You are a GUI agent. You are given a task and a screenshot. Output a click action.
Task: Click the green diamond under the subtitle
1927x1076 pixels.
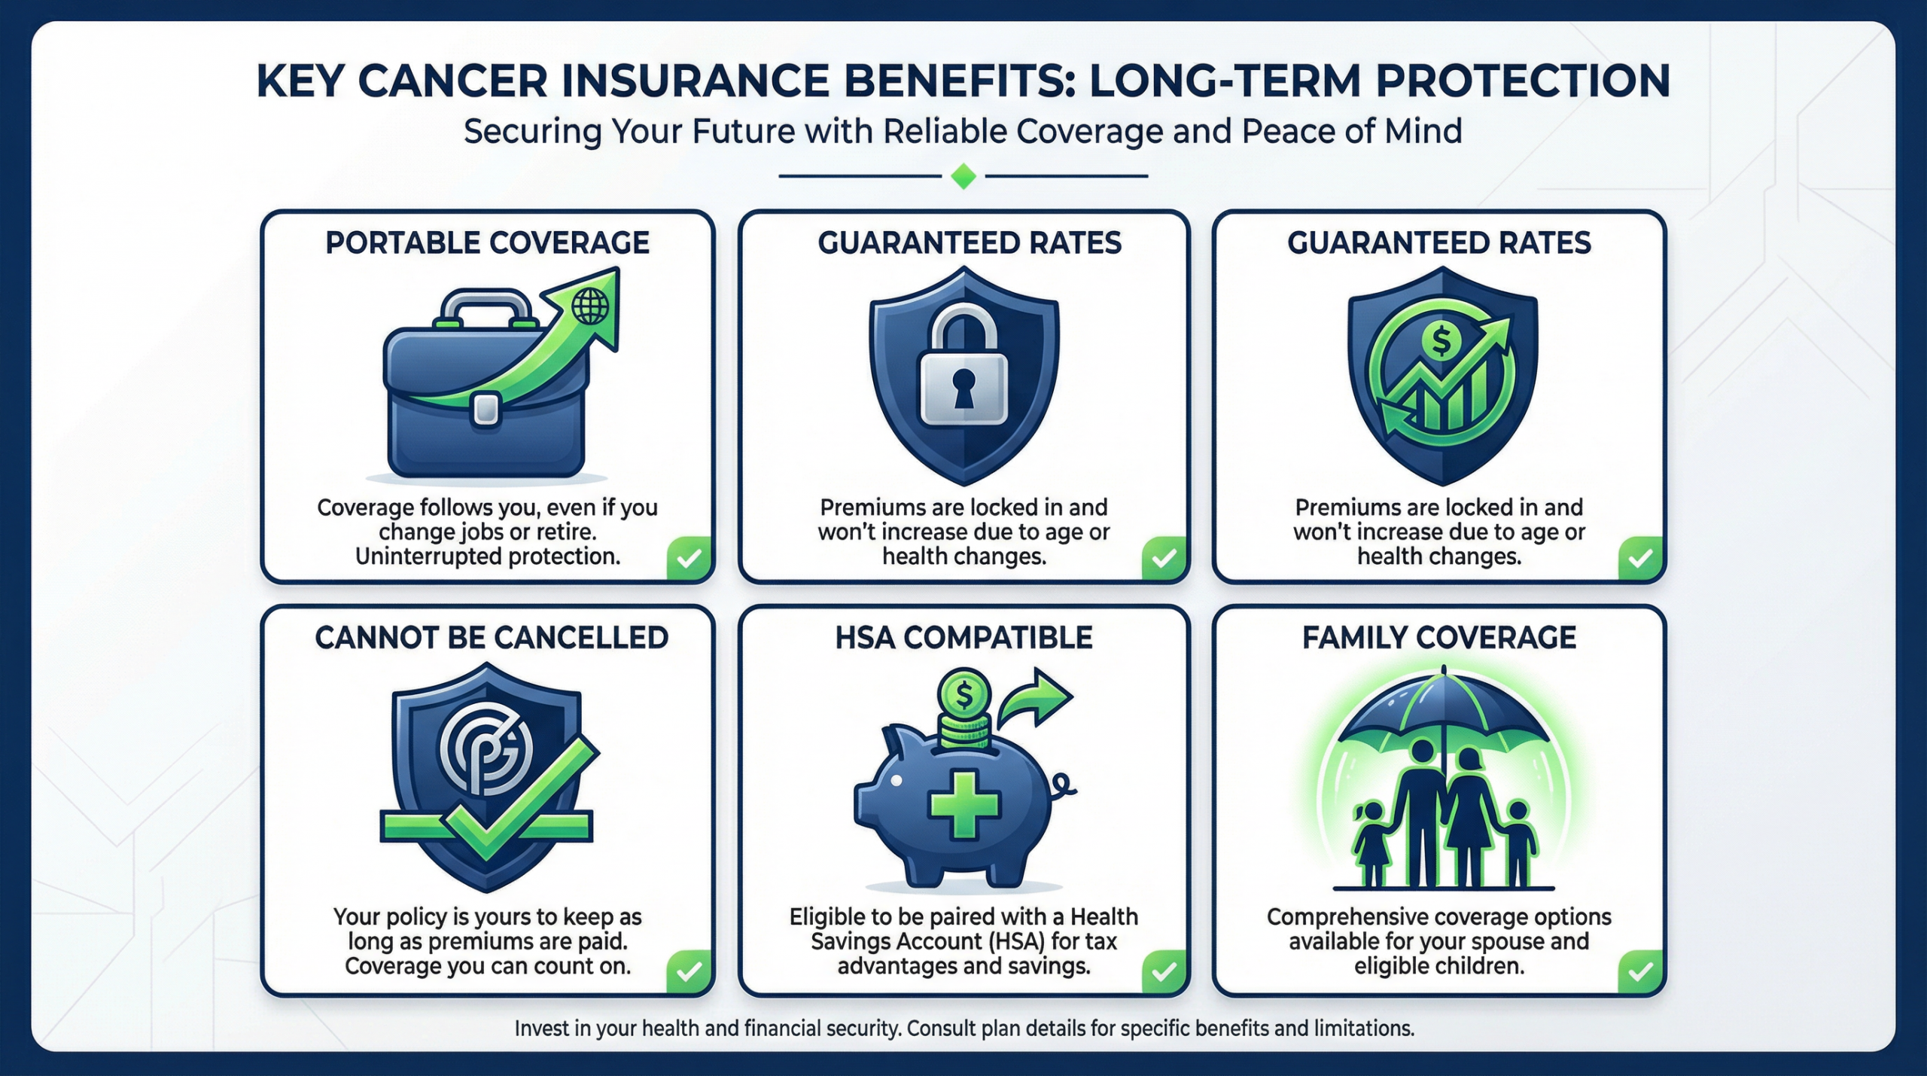[963, 176]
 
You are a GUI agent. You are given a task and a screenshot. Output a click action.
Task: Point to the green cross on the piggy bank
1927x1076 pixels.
[964, 804]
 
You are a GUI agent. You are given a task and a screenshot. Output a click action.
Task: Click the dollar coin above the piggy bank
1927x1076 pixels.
[964, 693]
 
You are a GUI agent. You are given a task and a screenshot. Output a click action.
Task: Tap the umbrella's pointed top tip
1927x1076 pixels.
[1443, 669]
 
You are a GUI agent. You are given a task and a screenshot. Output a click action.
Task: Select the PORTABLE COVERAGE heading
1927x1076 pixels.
[487, 243]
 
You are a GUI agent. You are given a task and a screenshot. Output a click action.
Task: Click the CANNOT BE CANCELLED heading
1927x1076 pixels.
[491, 638]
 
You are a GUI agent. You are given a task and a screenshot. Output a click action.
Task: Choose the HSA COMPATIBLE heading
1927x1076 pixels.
[963, 638]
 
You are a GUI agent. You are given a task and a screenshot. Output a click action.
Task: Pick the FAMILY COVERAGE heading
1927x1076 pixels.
[1438, 638]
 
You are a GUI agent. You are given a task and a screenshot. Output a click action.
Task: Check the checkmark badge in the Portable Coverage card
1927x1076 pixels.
[689, 558]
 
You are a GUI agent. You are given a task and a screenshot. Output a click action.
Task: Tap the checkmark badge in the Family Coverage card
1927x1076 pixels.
[1640, 971]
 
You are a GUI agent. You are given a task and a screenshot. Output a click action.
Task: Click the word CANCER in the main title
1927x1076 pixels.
[452, 81]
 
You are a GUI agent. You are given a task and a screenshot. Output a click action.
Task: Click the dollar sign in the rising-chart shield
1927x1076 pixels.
[1441, 340]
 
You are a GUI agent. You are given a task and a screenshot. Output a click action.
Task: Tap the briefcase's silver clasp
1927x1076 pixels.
[486, 408]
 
